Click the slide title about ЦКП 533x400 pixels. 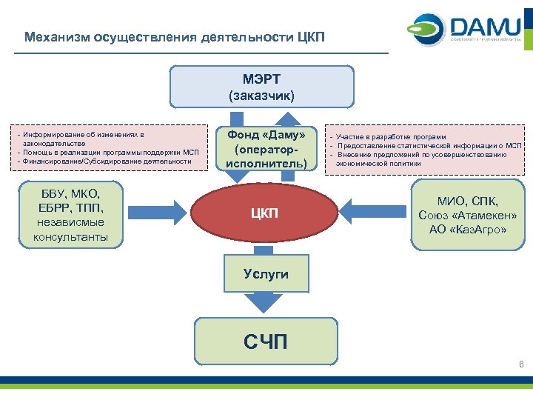(x=174, y=36)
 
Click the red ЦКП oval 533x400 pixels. (x=264, y=214)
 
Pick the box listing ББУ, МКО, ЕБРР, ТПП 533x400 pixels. (x=70, y=216)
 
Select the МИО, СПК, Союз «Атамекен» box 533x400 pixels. (x=467, y=216)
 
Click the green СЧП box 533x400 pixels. (x=266, y=341)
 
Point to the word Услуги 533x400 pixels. (x=266, y=274)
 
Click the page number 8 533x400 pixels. (x=522, y=364)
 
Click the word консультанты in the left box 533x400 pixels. (x=70, y=237)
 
